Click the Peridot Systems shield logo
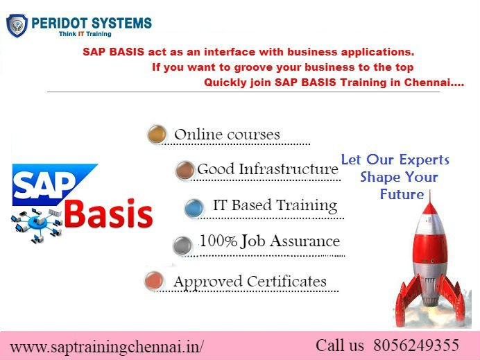[17, 25]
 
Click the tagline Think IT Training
[85, 33]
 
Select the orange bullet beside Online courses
[157, 134]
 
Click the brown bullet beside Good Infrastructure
[185, 170]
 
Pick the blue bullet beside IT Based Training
[194, 207]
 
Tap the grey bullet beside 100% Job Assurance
[182, 244]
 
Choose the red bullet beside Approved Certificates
[154, 281]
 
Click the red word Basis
[110, 214]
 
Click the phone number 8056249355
[416, 345]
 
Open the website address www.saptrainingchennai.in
[108, 345]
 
